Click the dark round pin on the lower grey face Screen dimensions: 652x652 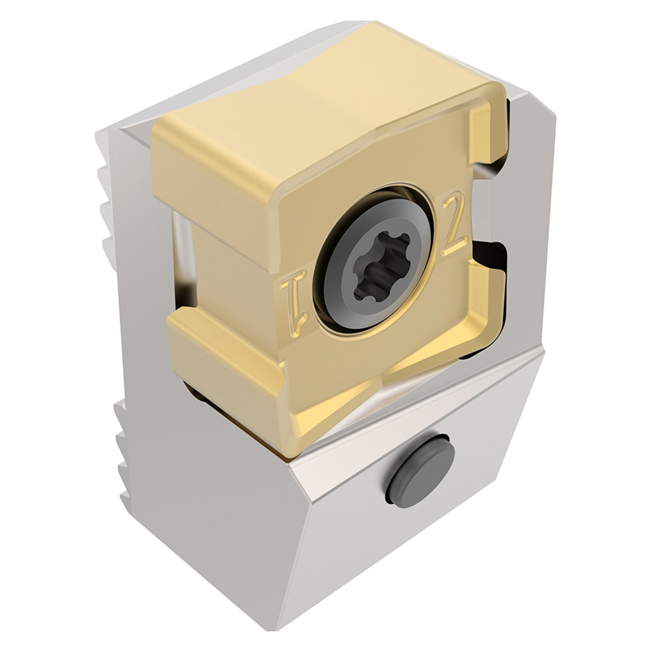click(420, 471)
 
